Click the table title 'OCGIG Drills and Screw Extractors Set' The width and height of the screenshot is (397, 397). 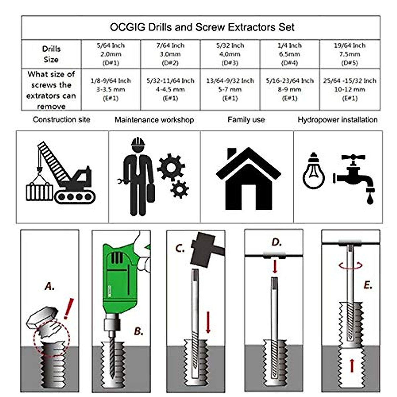(x=202, y=27)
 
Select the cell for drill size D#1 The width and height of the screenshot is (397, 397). (x=110, y=54)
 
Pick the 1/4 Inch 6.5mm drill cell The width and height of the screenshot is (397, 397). (x=289, y=54)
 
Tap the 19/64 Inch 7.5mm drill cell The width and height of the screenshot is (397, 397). (x=350, y=54)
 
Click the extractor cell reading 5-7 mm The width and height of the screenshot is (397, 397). (x=230, y=89)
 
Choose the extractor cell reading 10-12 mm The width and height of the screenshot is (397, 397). (x=350, y=89)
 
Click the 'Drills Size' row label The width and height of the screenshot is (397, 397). (x=51, y=54)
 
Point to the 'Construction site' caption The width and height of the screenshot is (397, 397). (x=62, y=119)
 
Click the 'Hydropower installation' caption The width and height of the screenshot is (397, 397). (x=337, y=119)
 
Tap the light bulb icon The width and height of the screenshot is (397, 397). (x=313, y=172)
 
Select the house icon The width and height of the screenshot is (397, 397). (x=248, y=179)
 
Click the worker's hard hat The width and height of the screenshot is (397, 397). (x=138, y=142)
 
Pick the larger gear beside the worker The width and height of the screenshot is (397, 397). (x=171, y=167)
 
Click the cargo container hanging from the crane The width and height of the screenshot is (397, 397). (x=39, y=192)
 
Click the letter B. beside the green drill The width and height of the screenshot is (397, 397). (x=139, y=331)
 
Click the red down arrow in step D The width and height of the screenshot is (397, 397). (x=275, y=267)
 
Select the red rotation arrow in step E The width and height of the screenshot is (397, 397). (x=351, y=265)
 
